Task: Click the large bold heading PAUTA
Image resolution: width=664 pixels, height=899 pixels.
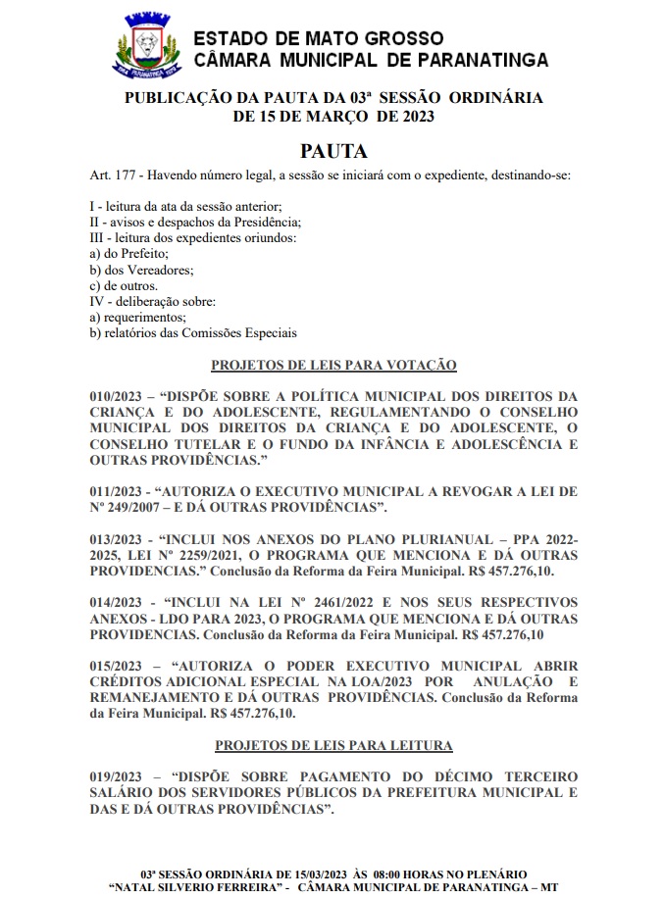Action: [x=333, y=152]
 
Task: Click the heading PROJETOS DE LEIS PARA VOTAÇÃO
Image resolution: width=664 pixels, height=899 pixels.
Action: [x=333, y=365]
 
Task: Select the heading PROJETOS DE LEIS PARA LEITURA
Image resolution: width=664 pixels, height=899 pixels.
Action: [x=333, y=745]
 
